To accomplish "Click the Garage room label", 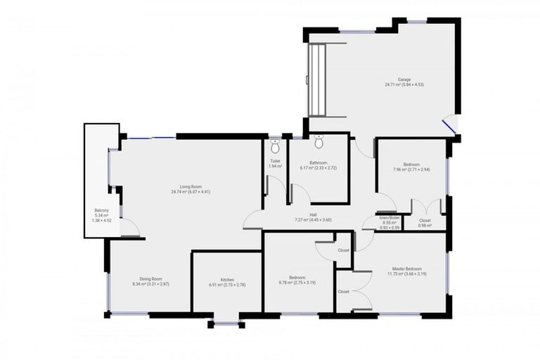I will pyautogui.click(x=404, y=79).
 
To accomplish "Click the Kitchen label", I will pyautogui.click(x=227, y=280).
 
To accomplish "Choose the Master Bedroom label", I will pyautogui.click(x=407, y=269).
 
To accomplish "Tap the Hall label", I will pyautogui.click(x=313, y=215).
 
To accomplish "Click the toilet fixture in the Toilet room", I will pyautogui.click(x=275, y=146).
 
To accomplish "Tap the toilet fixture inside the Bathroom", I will pyautogui.click(x=319, y=143).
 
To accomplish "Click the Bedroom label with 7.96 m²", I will pyautogui.click(x=411, y=164).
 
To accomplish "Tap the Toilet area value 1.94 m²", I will pyautogui.click(x=275, y=166).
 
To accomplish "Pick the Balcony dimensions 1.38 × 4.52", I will pyautogui.click(x=101, y=221).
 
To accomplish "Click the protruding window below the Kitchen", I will pyautogui.click(x=226, y=323).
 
